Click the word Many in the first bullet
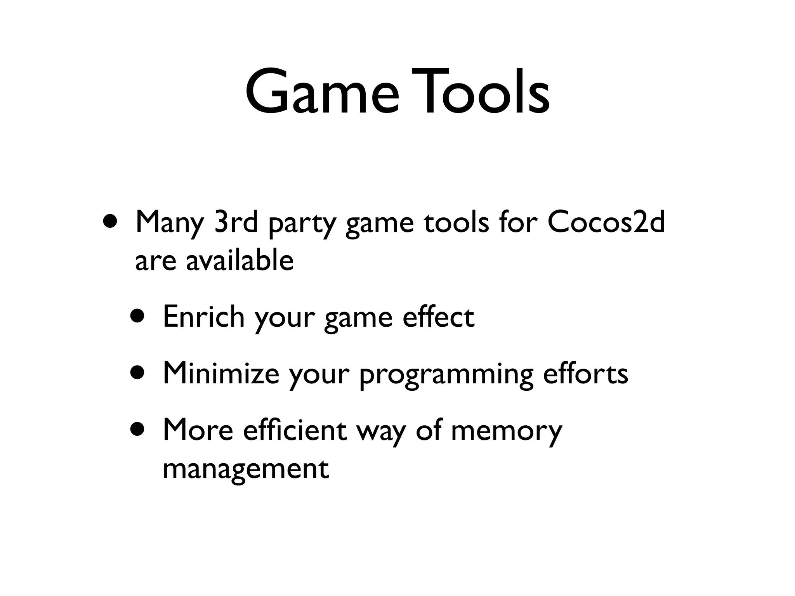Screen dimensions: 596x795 (169, 224)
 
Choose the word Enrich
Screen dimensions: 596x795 (203, 317)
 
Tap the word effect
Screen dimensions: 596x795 (438, 317)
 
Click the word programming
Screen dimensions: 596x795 (446, 376)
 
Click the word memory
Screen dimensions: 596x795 (506, 432)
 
